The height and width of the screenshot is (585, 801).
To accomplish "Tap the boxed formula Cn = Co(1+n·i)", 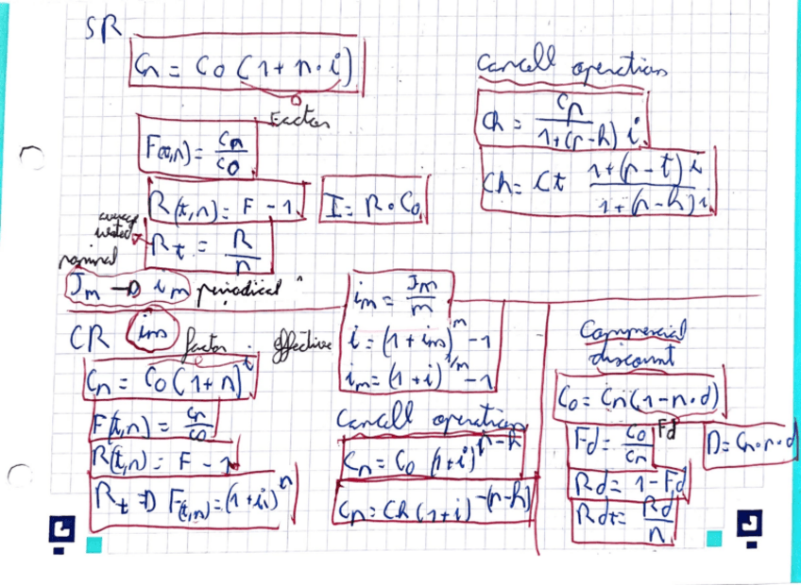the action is coord(247,67).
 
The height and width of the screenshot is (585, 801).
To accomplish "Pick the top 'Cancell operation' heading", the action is coord(571,67).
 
